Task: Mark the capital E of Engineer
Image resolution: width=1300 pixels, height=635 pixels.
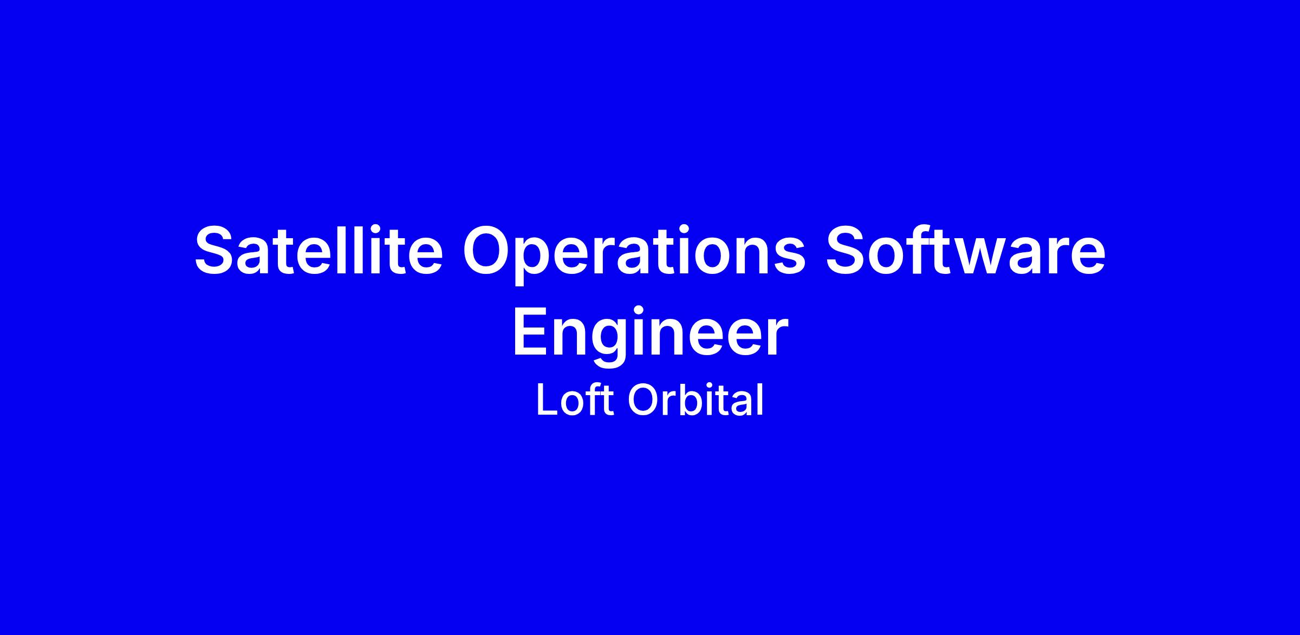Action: (x=531, y=331)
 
